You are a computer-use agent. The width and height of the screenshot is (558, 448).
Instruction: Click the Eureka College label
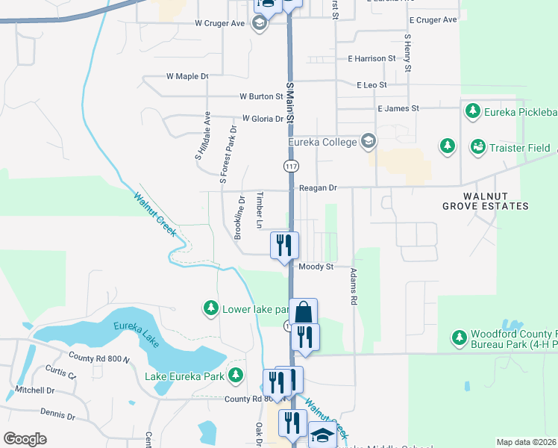click(x=322, y=141)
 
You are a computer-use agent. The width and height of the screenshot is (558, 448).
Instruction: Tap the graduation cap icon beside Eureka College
click(x=368, y=141)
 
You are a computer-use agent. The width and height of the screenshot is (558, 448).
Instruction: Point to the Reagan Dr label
click(x=317, y=188)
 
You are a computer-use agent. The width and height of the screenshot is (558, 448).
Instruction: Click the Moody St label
click(x=315, y=266)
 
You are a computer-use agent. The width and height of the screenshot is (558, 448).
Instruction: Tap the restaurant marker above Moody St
click(x=284, y=245)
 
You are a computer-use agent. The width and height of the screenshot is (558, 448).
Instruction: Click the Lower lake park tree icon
click(x=211, y=308)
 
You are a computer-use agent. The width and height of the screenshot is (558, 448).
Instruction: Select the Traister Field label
click(x=520, y=148)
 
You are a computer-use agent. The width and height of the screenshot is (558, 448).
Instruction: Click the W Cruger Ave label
click(x=220, y=23)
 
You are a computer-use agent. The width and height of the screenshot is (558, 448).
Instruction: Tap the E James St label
click(x=398, y=108)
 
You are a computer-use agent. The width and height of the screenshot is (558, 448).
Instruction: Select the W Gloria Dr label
click(x=263, y=119)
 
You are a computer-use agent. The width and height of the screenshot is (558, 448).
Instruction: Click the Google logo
click(x=25, y=439)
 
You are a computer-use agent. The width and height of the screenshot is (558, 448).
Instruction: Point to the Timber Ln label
click(x=260, y=211)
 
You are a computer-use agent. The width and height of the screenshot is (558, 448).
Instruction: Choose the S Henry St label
click(x=407, y=53)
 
